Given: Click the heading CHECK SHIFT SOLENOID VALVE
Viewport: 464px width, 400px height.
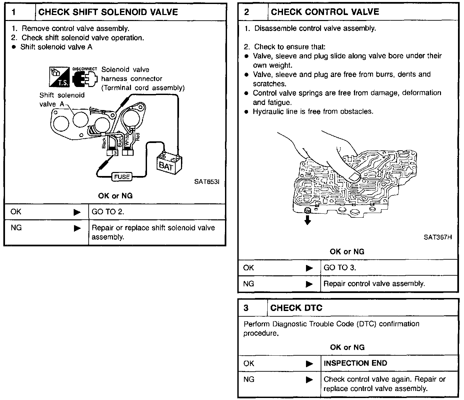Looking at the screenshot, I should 108,12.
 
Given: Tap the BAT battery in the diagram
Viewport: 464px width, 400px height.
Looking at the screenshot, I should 168,164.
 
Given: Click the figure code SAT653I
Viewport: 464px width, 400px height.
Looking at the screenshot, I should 207,182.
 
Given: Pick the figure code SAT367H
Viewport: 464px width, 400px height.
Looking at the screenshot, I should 438,237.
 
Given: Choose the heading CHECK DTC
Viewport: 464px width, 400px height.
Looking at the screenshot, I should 296,308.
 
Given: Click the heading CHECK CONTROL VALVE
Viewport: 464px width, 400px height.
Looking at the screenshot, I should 325,12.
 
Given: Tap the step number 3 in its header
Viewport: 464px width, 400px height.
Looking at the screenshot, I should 246,308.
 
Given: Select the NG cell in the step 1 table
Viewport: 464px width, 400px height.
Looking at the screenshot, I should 16,228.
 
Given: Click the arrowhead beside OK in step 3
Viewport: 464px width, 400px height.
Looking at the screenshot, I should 309,363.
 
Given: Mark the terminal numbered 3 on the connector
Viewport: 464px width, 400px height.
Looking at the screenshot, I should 115,153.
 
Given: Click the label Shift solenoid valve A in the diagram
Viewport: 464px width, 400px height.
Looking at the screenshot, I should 62,99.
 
